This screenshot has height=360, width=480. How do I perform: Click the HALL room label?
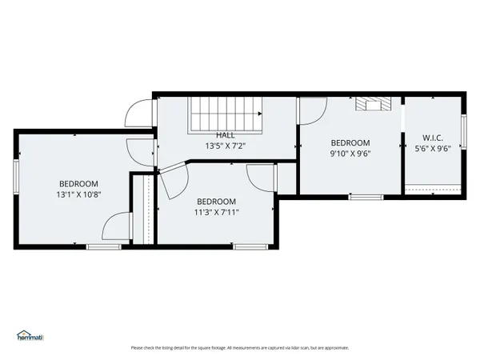pyautogui.click(x=226, y=135)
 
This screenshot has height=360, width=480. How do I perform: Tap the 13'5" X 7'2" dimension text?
pyautogui.click(x=226, y=146)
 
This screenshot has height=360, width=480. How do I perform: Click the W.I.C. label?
pyautogui.click(x=433, y=138)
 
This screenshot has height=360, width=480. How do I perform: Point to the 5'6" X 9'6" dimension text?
pyautogui.click(x=433, y=148)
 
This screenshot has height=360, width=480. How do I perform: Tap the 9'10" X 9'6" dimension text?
pyautogui.click(x=350, y=154)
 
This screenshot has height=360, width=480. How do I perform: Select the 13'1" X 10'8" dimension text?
pyautogui.click(x=78, y=194)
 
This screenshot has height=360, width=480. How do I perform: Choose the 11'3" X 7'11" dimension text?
pyautogui.click(x=216, y=212)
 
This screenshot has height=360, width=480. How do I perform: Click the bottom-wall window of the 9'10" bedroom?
pyautogui.click(x=366, y=197)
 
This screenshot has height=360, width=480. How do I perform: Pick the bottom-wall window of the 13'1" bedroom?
pyautogui.click(x=103, y=246)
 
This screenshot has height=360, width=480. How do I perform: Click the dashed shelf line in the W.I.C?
pyautogui.click(x=433, y=185)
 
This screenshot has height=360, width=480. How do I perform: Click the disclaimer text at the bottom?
pyautogui.click(x=239, y=348)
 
